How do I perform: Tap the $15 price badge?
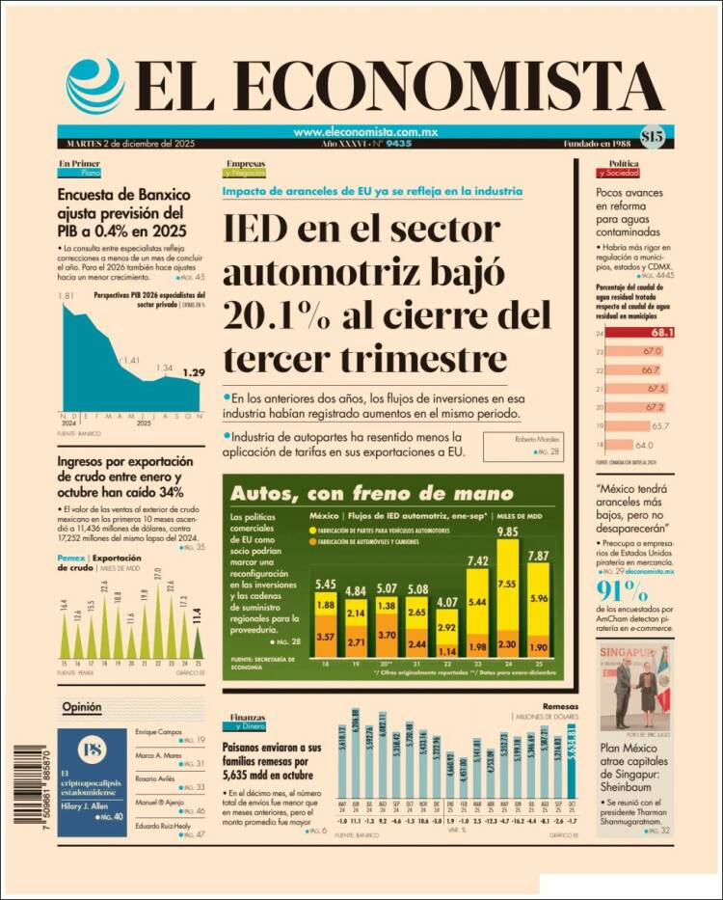pyautogui.click(x=652, y=137)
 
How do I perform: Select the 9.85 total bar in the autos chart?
pyautogui.click(x=507, y=598)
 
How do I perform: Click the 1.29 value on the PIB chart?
pyautogui.click(x=194, y=372)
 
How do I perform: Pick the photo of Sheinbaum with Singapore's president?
pyautogui.click(x=635, y=688)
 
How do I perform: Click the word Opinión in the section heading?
pyautogui.click(x=82, y=707)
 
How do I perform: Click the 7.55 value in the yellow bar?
pyautogui.click(x=507, y=583)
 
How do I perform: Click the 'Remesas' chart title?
pyautogui.click(x=561, y=705)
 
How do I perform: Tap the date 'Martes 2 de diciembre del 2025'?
pyautogui.click(x=125, y=144)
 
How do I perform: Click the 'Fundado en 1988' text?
pyautogui.click(x=598, y=144)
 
